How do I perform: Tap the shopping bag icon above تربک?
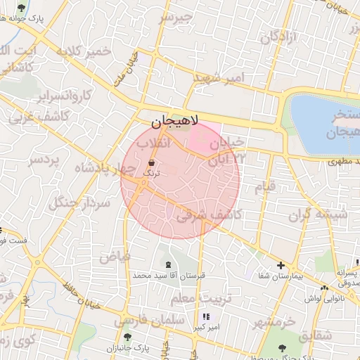(x=152, y=162)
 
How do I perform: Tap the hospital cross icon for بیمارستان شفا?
(x=281, y=266)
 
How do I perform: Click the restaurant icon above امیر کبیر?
(x=205, y=317)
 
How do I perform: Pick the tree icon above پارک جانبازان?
(x=127, y=337)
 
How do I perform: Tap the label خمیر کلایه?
(x=84, y=52)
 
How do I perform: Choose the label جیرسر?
(x=175, y=17)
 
